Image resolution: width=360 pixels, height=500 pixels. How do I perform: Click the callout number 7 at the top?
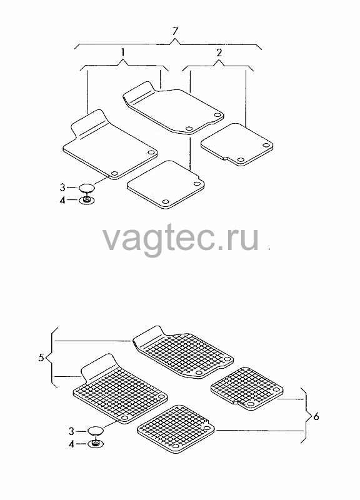(x=175, y=32)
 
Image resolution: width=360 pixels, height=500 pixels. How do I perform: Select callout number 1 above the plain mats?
(x=122, y=52)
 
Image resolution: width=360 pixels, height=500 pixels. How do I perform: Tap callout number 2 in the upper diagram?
(x=219, y=52)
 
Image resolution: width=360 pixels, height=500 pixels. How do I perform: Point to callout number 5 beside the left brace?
(x=41, y=357)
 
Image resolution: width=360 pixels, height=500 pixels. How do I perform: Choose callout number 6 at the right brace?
(x=316, y=416)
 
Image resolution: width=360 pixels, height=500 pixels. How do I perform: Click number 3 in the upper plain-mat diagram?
(x=62, y=187)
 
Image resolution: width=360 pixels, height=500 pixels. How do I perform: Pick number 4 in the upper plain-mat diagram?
(x=62, y=200)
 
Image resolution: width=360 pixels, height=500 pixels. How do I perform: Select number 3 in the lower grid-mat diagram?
(x=71, y=431)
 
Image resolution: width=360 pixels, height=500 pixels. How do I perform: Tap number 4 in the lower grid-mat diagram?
(x=71, y=444)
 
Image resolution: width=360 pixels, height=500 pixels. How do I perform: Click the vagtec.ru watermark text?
(x=181, y=239)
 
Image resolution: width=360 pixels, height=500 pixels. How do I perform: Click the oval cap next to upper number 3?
(x=87, y=188)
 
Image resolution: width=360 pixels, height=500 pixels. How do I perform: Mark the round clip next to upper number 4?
(x=87, y=201)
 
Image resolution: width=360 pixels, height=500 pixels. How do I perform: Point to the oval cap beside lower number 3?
(x=96, y=431)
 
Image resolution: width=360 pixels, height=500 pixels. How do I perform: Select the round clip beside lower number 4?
(x=96, y=444)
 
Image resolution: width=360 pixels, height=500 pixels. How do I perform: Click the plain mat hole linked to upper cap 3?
(x=114, y=174)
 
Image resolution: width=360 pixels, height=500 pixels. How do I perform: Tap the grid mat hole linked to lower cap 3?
(x=124, y=418)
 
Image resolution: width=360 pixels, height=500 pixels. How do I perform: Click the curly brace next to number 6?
(x=306, y=415)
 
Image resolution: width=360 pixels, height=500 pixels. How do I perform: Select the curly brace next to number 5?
(x=51, y=357)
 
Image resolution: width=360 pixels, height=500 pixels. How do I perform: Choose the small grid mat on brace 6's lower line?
(x=176, y=429)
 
